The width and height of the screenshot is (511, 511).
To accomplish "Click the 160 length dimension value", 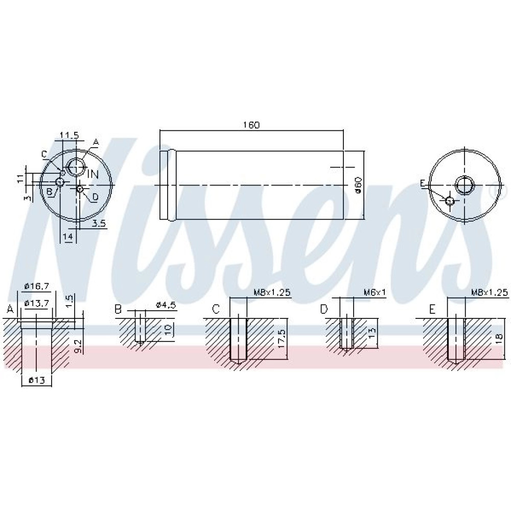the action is pos(251,125).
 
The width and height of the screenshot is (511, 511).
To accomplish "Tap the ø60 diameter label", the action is pos(358,185).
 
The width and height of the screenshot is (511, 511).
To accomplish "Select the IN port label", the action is pos(93,174).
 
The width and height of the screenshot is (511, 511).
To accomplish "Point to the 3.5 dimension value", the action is pos(99,223).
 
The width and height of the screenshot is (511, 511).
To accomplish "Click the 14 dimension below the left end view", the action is pos(68,237).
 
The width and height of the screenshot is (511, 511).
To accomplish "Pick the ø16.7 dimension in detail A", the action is pos(37,286).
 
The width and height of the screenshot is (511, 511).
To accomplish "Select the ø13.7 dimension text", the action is pos(37,303).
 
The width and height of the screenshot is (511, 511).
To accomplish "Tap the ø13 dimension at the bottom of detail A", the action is pos(36,380).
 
